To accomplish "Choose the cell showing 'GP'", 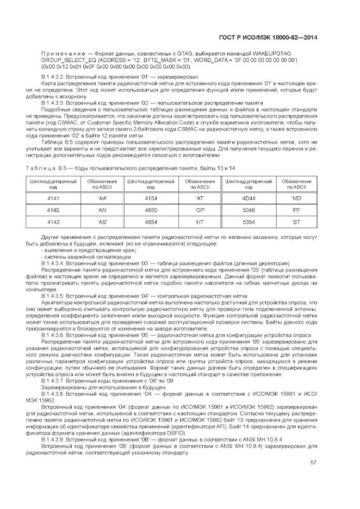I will coord(200,210).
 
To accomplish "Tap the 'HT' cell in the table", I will coord(200,222).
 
